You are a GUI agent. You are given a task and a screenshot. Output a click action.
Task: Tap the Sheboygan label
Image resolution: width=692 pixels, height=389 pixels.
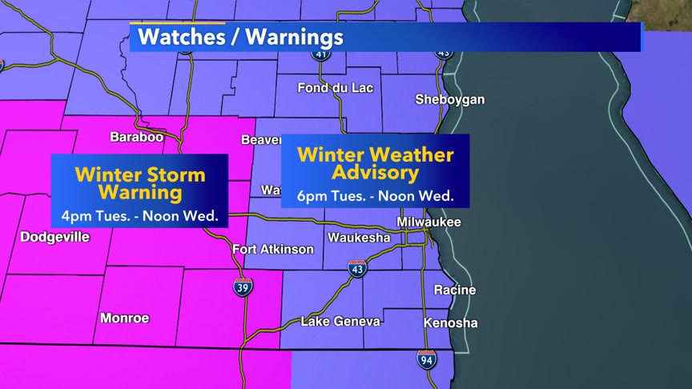point(449,100)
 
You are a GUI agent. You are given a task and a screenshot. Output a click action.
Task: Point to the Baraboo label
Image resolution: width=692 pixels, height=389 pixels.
point(136,138)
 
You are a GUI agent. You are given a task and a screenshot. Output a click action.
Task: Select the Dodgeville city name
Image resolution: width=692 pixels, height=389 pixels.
point(54,237)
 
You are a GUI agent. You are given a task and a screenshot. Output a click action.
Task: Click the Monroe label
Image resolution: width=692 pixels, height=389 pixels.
point(125,318)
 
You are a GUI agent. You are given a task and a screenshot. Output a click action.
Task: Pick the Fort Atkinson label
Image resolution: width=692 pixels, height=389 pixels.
point(273,250)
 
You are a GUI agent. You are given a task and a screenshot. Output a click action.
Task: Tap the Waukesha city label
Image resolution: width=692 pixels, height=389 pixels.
point(359,238)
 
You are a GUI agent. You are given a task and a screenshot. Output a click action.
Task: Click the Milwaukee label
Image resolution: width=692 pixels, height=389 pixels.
point(428,222)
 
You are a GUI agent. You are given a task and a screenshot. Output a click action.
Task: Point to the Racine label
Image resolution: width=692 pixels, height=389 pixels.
point(454,290)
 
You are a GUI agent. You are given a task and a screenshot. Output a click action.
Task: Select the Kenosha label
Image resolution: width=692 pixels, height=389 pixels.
point(450,323)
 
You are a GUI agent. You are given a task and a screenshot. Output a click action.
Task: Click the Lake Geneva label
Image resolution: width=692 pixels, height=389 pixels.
point(340,321)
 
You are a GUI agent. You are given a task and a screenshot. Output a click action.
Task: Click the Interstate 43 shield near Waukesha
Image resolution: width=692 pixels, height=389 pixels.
point(357,269)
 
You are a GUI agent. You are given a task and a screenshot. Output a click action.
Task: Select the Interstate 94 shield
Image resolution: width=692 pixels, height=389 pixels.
point(427,359)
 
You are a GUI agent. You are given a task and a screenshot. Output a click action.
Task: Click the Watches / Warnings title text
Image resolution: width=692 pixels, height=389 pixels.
point(240,37)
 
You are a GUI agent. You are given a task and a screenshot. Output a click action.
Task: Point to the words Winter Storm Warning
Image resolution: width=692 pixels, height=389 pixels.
point(140,183)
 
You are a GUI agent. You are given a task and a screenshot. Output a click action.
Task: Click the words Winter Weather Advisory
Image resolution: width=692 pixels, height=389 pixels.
point(375,163)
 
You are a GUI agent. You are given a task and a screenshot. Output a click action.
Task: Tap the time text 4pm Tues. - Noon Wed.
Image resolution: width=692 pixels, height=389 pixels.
point(140,215)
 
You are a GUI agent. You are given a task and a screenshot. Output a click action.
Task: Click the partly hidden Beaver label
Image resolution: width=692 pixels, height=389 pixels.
point(261,140)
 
